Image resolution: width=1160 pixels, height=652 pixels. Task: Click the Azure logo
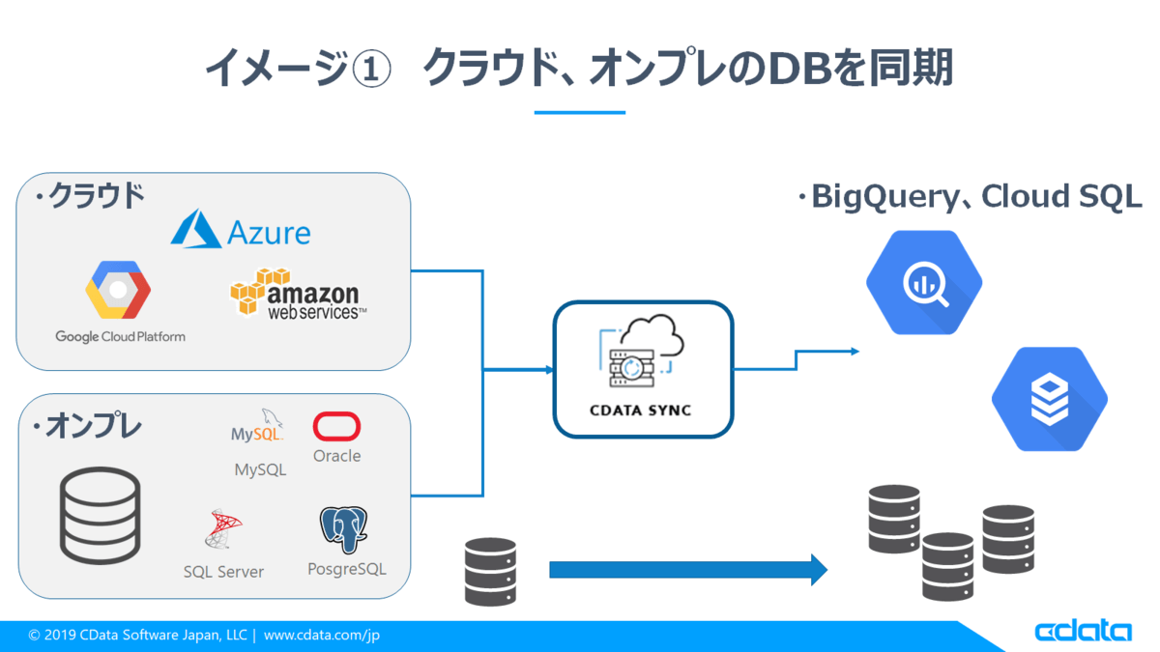241,230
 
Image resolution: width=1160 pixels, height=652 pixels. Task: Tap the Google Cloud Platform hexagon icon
118,290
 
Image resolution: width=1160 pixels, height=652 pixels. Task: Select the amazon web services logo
298,293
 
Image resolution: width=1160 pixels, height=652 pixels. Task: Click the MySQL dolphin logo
257,425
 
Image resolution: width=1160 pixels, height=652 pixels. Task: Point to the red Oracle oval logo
336,426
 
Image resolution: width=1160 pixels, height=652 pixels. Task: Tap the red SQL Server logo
223,528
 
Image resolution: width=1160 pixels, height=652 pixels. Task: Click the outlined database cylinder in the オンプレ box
100,515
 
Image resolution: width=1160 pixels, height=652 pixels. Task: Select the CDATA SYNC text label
641,411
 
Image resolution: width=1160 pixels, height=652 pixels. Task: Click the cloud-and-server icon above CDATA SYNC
642,351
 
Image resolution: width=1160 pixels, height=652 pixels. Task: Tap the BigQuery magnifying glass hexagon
924,282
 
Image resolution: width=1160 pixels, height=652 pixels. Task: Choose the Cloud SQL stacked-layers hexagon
1050,399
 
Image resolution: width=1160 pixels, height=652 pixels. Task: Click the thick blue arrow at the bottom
688,570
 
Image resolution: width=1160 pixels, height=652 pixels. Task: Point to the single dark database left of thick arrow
490,572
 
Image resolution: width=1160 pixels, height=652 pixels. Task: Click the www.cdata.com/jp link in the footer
322,635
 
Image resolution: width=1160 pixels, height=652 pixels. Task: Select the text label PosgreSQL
347,569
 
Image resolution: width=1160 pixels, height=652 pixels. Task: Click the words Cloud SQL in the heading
1061,196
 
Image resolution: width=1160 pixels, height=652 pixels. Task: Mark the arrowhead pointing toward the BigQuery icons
855,352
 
